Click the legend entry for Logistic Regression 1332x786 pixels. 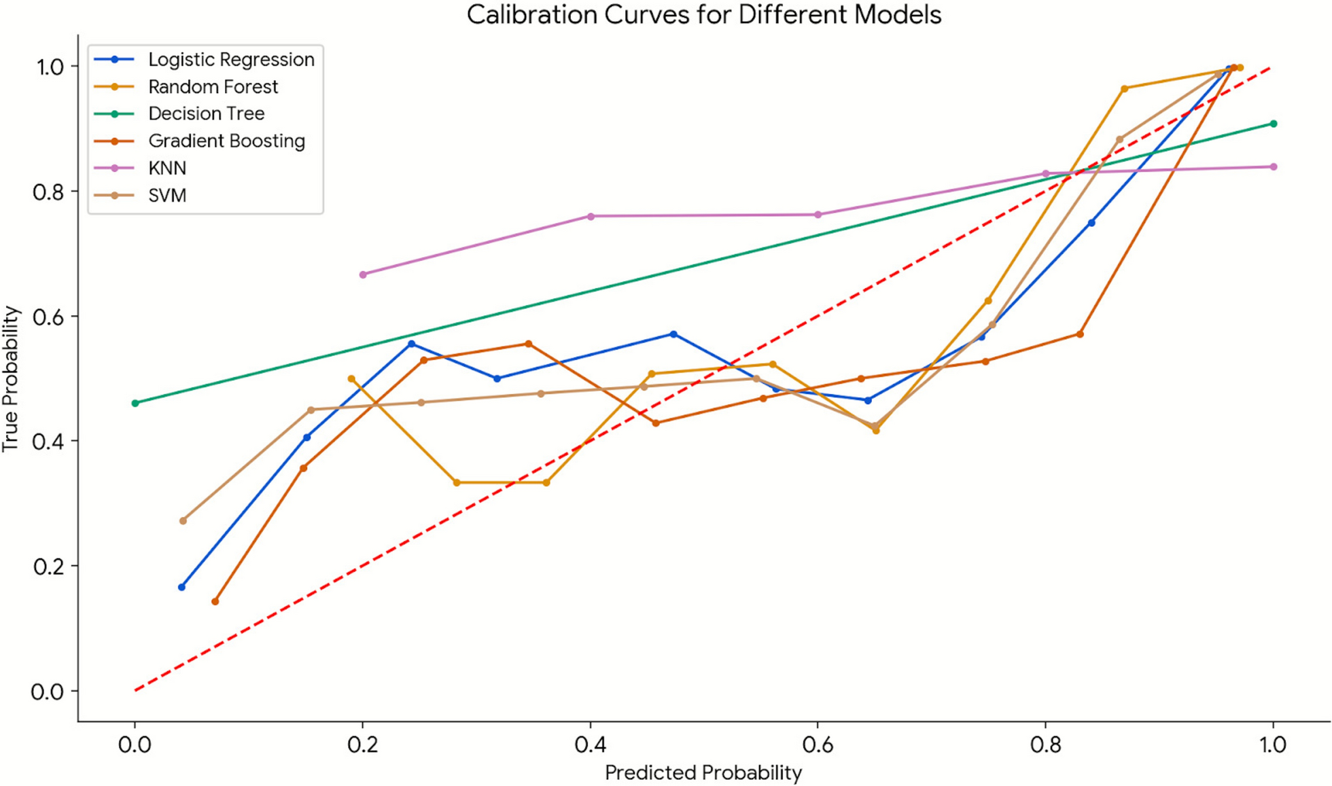[x=231, y=60]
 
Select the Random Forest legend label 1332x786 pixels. [x=213, y=87]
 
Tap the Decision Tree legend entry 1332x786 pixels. [x=206, y=113]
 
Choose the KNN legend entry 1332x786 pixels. [x=167, y=168]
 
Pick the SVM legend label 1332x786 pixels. [x=167, y=196]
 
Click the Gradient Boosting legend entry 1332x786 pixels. [x=226, y=141]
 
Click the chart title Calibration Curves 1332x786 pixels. [x=703, y=15]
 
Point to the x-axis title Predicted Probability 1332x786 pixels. [x=703, y=772]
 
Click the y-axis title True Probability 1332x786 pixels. [x=11, y=378]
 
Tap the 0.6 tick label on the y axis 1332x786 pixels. [x=48, y=317]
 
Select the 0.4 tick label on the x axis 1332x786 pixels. [x=590, y=745]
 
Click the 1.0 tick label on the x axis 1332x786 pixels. [x=1273, y=745]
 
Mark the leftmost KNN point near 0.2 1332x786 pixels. [x=363, y=274]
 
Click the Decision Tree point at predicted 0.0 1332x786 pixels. [x=135, y=403]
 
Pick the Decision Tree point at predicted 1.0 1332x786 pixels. [x=1274, y=124]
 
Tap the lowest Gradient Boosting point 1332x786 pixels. [x=215, y=601]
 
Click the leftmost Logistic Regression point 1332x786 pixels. [x=181, y=587]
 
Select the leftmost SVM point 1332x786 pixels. [x=183, y=520]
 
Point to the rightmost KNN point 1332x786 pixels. [x=1274, y=166]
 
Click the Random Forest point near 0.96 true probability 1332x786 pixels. [x=1124, y=88]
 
